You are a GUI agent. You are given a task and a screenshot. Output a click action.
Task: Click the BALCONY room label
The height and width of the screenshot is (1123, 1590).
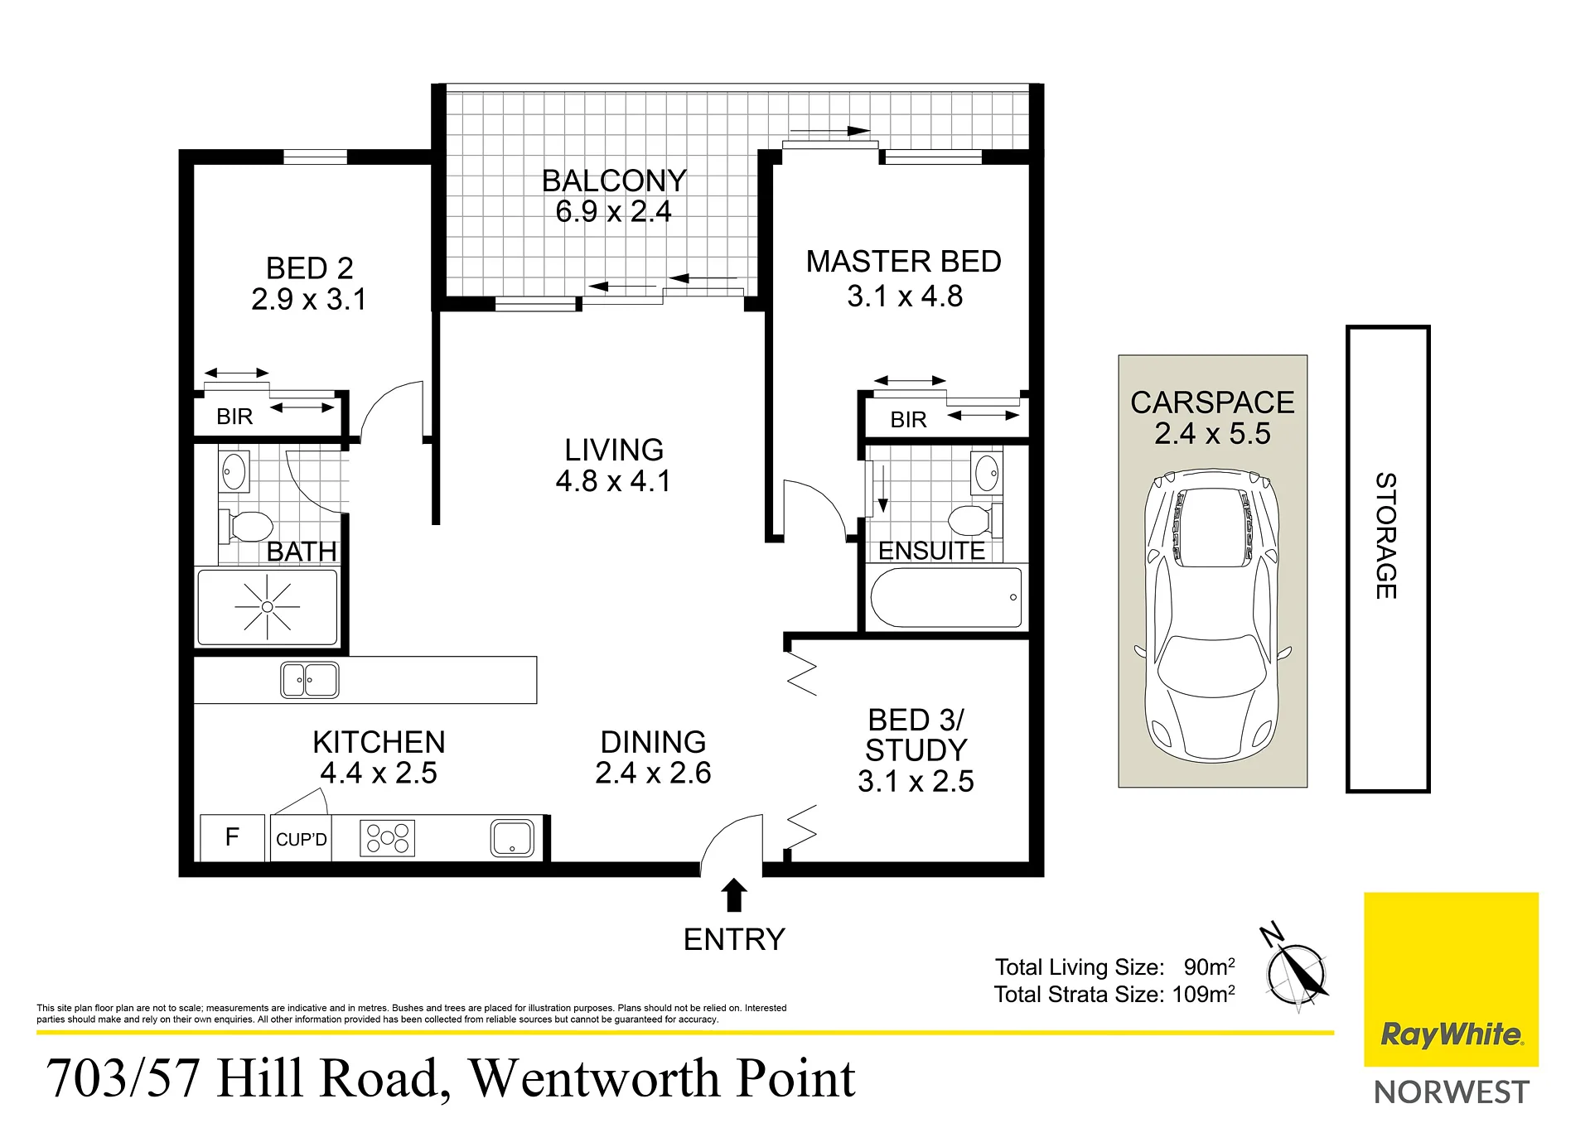[614, 181]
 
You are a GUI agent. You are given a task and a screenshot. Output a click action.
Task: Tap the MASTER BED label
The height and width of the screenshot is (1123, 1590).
[903, 262]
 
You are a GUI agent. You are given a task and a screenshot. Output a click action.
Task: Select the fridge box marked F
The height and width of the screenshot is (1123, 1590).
[233, 837]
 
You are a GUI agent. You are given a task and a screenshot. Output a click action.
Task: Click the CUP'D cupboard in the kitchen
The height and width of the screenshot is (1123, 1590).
[301, 838]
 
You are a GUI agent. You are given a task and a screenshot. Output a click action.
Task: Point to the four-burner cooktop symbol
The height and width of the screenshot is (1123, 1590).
[387, 838]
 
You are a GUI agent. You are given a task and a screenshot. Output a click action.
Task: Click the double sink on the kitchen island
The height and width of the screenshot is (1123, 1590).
[309, 680]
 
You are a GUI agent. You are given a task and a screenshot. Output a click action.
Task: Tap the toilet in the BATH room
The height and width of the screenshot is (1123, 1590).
[246, 526]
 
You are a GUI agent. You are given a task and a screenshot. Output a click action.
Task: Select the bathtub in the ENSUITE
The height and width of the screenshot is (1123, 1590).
[946, 597]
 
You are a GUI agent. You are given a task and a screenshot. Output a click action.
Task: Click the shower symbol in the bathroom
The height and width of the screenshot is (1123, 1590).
[267, 607]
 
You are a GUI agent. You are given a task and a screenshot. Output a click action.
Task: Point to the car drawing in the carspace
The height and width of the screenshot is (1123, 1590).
[1212, 615]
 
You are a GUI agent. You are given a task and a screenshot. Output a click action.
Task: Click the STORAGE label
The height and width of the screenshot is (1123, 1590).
[1386, 536]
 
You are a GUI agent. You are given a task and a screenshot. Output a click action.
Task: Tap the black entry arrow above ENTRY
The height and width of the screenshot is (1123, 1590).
[734, 894]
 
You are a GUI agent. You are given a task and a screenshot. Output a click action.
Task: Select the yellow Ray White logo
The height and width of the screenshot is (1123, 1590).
[1451, 979]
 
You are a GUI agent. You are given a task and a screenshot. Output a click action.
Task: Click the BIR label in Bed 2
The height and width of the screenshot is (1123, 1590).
[234, 417]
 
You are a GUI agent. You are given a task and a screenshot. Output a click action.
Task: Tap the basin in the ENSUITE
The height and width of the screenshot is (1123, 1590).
[987, 474]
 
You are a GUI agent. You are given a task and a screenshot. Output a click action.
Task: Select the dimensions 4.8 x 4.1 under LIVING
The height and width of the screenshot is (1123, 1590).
[613, 481]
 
